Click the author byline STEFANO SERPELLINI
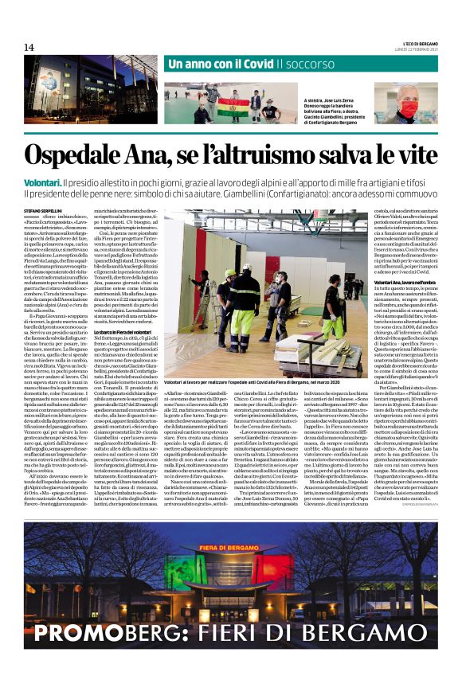click(x=41, y=211)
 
